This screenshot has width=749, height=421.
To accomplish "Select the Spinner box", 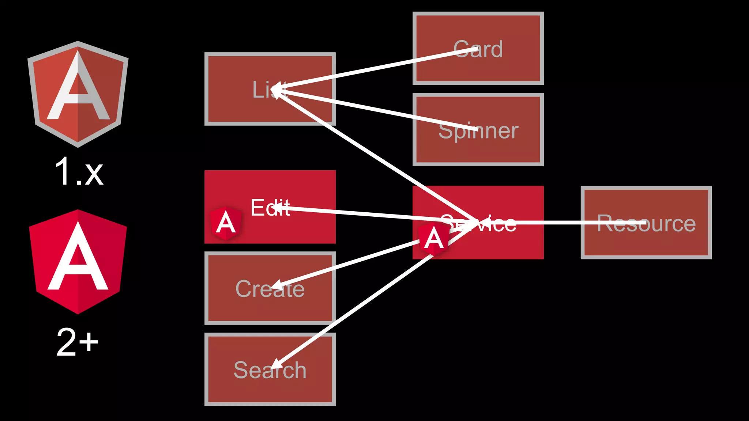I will point(478,150).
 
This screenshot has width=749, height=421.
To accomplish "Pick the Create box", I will point(234,307).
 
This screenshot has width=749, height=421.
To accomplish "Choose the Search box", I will point(234,387).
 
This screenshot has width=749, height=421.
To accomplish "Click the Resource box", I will point(646,241).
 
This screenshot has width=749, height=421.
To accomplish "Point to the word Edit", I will point(270,208).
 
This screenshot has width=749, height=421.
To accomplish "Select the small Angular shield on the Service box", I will point(434,239).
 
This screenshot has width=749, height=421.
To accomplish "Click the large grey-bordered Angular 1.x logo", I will point(78,94).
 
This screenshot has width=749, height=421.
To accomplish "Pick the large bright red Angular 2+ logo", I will point(78,261).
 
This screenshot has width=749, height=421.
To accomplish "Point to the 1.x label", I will point(79,172).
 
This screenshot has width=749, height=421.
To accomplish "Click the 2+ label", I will point(78,342).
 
